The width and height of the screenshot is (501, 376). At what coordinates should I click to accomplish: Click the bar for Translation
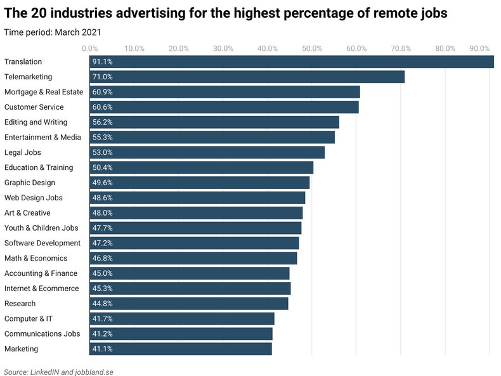click(x=292, y=62)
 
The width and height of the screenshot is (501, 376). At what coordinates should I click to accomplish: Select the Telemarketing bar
click(x=247, y=77)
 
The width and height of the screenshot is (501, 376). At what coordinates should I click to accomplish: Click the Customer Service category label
click(x=34, y=107)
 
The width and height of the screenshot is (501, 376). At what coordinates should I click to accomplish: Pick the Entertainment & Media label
click(x=42, y=138)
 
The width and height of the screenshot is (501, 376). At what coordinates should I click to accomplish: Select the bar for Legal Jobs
click(x=207, y=153)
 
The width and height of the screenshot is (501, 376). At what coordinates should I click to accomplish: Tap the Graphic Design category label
click(x=30, y=183)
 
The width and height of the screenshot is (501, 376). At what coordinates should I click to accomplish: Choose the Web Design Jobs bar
click(x=197, y=198)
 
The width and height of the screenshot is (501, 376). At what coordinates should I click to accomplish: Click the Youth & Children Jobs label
click(x=41, y=228)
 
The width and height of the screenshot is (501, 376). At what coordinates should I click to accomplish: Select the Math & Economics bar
click(x=193, y=259)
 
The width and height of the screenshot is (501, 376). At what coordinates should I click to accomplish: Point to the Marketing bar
click(x=181, y=349)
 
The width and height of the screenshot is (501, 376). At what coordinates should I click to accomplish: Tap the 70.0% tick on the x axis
click(x=401, y=48)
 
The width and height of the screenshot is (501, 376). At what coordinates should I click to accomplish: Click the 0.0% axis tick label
click(x=89, y=48)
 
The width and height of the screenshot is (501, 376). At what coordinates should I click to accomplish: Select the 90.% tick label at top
click(x=479, y=48)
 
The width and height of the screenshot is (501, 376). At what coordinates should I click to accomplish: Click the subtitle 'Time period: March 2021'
click(x=53, y=32)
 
